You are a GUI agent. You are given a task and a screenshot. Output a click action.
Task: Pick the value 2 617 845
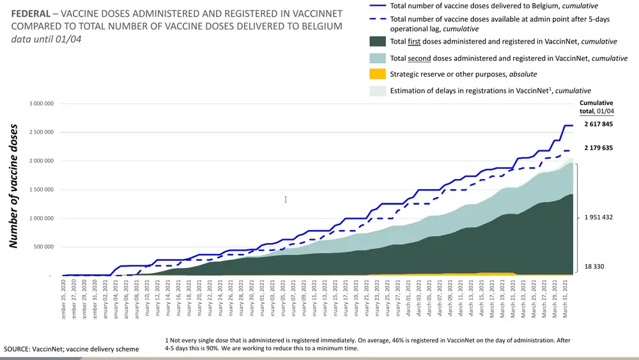(x=598, y=124)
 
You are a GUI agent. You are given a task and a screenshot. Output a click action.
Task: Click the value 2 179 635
(x=598, y=148)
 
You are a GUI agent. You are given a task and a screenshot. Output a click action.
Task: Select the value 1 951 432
(x=598, y=217)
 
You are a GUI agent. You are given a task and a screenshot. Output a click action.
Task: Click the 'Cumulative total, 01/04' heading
(x=596, y=106)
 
